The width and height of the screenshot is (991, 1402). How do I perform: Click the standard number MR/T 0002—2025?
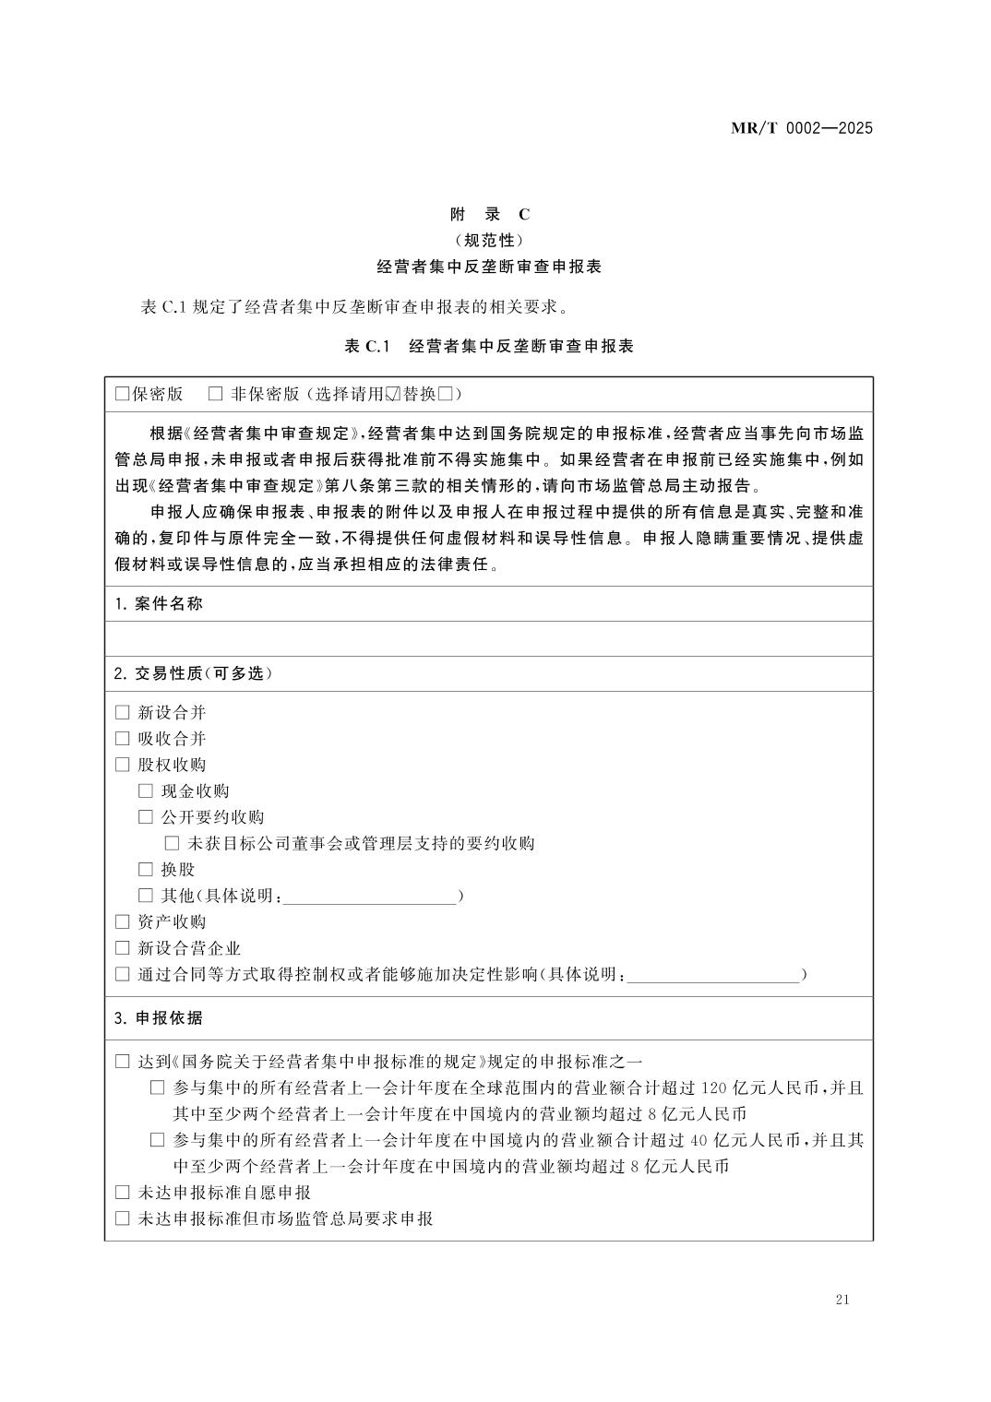coord(801,128)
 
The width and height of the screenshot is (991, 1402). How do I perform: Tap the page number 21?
coord(841,1300)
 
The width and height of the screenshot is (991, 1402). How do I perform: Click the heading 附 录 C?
coord(490,214)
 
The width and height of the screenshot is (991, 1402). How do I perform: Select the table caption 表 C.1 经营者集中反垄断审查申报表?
coord(489,346)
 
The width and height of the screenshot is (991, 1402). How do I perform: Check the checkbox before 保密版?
coord(122,394)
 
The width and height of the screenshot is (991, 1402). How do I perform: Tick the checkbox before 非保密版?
coord(216,394)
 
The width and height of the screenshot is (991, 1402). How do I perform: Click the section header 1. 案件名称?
coord(159,604)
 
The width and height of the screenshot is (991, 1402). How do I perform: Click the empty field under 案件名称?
coord(489,638)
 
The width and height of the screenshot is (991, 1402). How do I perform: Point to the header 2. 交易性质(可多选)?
coord(193,673)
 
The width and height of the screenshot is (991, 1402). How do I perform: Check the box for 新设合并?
coord(123,712)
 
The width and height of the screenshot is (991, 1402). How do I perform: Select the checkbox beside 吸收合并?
coord(123,738)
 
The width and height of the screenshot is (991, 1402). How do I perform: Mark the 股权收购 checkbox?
coord(123,765)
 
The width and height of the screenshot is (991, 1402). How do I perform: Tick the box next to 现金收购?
coord(146,790)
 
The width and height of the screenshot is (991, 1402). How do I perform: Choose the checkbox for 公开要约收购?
coord(146,816)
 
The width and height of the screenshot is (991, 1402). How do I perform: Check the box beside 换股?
coord(146,869)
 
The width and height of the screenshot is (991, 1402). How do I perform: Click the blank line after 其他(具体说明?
coord(369,897)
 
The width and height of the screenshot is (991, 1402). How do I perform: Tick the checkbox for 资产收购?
coord(123,921)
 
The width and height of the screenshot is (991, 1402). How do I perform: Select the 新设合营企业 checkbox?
coord(123,947)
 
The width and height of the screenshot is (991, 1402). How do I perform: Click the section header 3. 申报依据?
coord(158,1018)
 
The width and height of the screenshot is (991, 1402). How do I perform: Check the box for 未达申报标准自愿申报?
coord(123,1193)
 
